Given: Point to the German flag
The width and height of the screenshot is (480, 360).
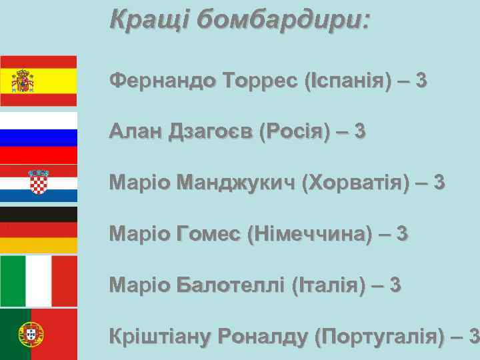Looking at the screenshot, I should click(x=38, y=230).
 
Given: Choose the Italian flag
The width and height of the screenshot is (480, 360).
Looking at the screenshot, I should click(x=38, y=281).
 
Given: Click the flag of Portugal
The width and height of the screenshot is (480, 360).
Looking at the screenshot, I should click(x=38, y=334).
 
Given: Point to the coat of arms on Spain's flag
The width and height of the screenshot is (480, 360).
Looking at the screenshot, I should click(x=24, y=81).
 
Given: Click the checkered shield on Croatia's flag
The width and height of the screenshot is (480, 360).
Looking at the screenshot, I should click(x=39, y=181).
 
